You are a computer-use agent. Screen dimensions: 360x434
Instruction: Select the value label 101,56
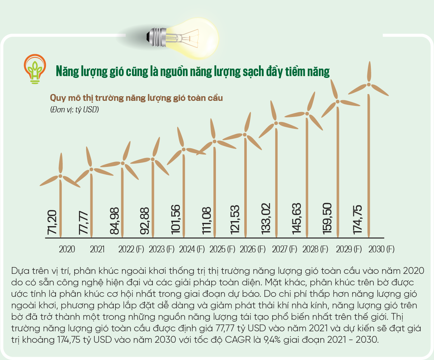(176, 220)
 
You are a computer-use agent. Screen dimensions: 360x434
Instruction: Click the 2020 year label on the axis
(67, 249)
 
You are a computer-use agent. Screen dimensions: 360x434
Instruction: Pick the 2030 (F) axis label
(381, 249)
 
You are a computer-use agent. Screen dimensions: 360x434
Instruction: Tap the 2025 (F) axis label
(222, 249)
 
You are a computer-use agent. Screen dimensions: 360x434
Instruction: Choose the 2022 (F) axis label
(131, 249)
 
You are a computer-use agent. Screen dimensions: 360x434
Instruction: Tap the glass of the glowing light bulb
(195, 36)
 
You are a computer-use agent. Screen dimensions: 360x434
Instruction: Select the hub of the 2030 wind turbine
(368, 85)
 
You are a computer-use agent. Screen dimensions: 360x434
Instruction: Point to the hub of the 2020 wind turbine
(60, 176)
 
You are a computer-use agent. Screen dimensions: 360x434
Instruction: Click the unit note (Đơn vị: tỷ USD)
(74, 110)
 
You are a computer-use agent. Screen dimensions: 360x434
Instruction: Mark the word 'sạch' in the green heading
(255, 71)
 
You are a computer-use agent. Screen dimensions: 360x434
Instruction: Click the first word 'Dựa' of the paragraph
(20, 270)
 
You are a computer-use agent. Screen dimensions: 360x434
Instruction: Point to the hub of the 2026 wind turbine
(245, 135)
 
